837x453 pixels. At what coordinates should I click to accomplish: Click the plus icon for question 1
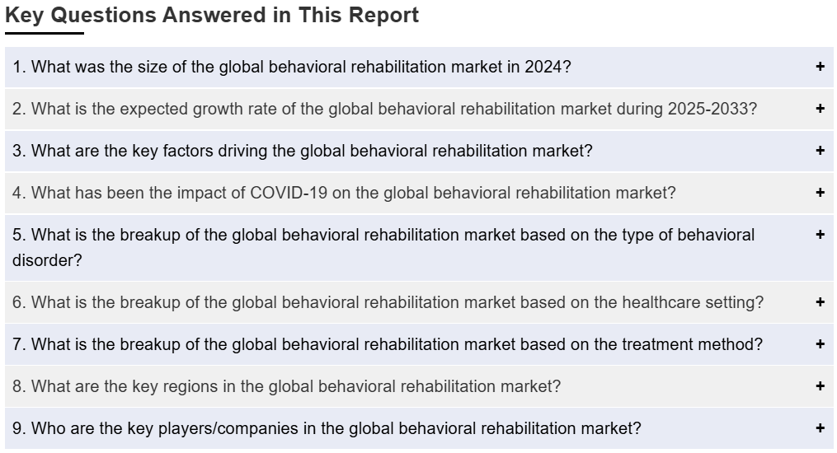click(820, 67)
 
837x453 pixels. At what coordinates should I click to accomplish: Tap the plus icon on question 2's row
click(820, 109)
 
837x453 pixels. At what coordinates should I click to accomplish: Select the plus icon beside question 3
click(820, 151)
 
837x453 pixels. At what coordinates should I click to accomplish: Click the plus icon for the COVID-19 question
click(820, 193)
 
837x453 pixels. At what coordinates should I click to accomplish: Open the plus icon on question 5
click(820, 235)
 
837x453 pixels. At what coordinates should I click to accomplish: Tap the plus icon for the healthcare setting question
click(820, 302)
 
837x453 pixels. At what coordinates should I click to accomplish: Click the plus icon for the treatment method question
click(820, 344)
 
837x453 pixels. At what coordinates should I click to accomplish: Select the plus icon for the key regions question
click(820, 385)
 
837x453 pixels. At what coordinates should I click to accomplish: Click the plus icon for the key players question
click(820, 428)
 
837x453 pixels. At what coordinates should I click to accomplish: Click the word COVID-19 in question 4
click(289, 193)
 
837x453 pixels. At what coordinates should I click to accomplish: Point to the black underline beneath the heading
click(45, 33)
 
